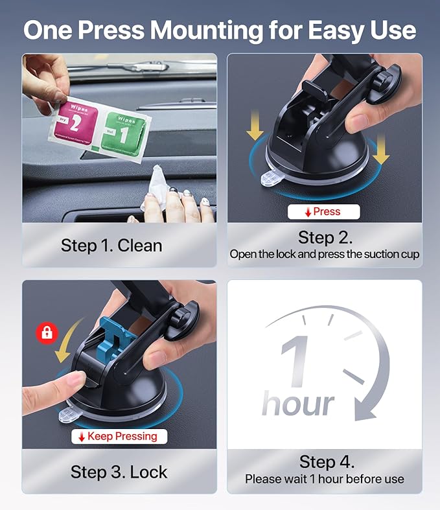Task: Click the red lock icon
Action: click(47, 333)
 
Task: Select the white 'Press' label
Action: click(323, 211)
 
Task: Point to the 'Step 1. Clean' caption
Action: click(111, 246)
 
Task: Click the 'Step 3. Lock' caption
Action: click(119, 471)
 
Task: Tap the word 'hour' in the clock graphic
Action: click(298, 403)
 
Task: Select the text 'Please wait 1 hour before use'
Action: click(325, 480)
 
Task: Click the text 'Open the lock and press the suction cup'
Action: click(325, 254)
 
